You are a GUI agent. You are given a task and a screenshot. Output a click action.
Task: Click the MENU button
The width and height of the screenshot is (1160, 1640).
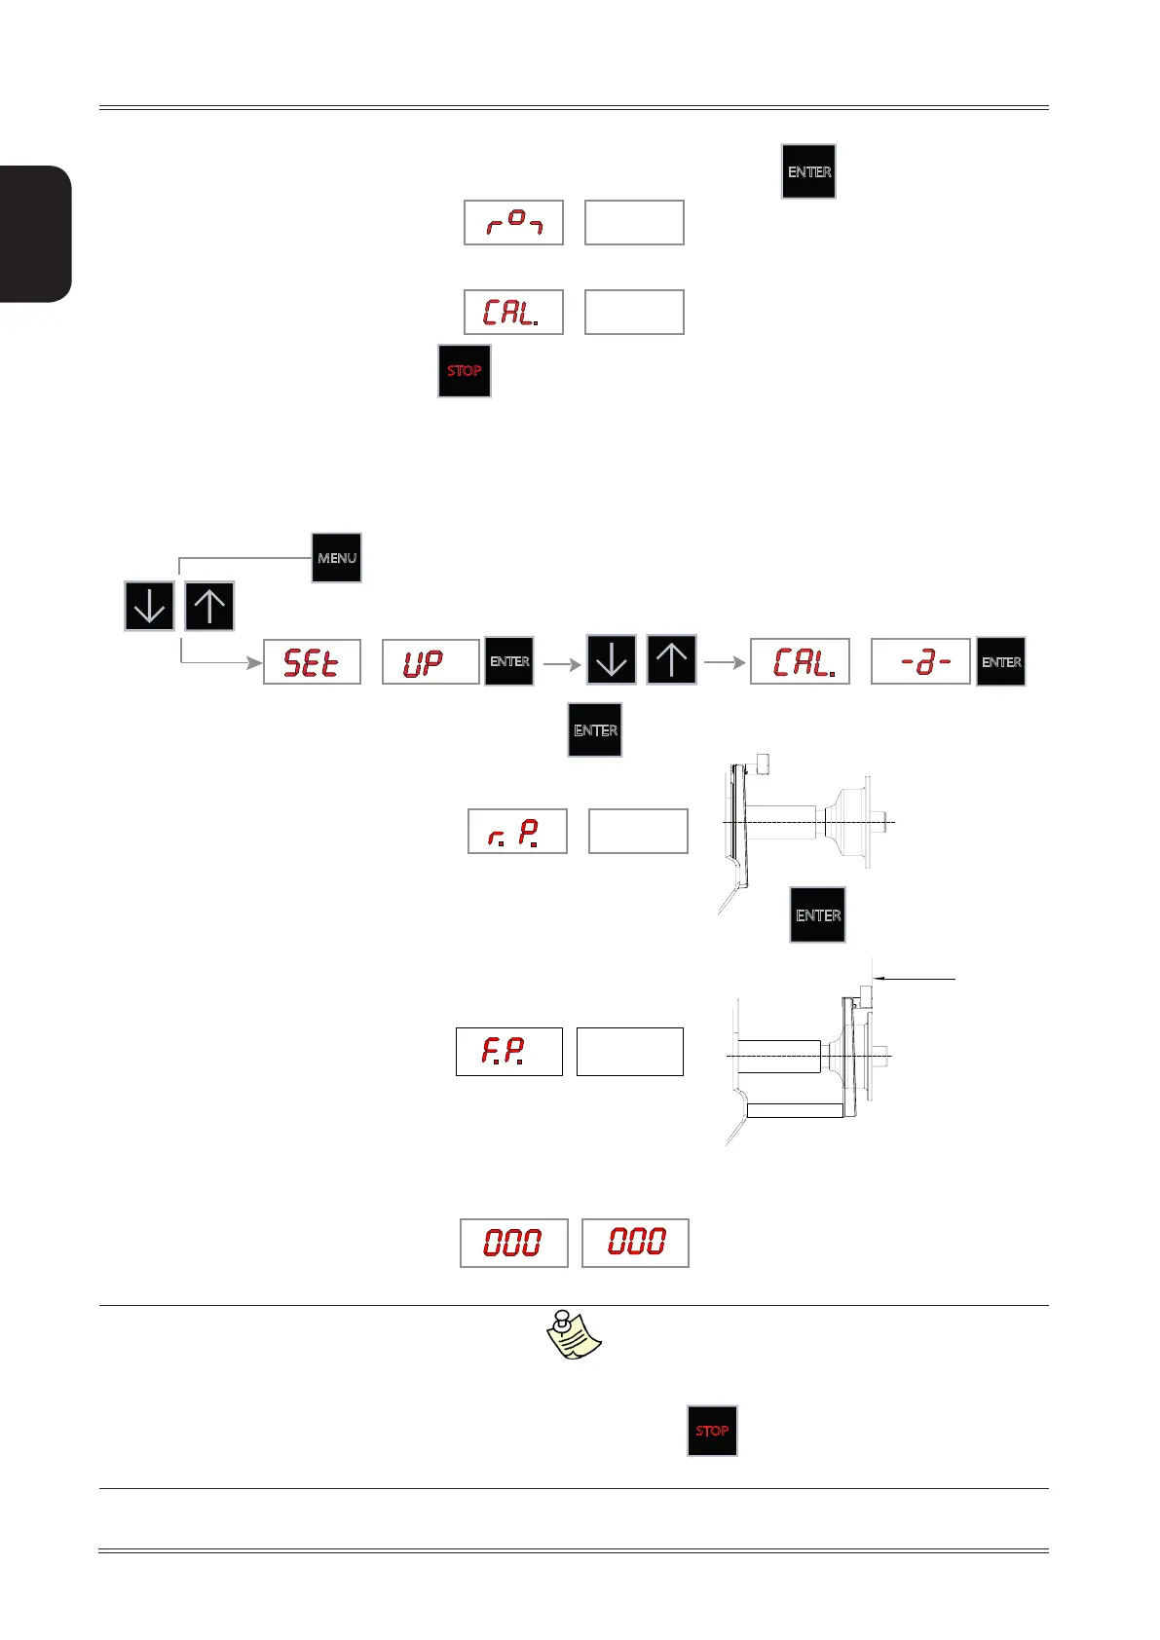click(336, 558)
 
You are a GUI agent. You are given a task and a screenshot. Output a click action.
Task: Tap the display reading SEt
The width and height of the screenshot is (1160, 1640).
click(312, 662)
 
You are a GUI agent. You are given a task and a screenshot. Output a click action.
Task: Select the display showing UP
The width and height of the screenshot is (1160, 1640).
click(430, 662)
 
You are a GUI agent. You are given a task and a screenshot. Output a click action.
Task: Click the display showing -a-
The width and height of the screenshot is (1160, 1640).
click(919, 662)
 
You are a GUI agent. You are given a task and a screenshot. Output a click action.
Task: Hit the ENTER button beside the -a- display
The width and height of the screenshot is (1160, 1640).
click(1001, 662)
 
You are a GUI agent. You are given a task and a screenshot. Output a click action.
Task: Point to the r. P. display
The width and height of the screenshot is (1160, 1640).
click(517, 832)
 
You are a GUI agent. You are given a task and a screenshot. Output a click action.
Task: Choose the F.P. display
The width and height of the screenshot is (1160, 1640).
click(508, 1052)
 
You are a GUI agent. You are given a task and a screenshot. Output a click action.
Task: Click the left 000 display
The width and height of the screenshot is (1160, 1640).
click(513, 1243)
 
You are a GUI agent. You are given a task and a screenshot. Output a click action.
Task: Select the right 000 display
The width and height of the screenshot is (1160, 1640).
click(635, 1243)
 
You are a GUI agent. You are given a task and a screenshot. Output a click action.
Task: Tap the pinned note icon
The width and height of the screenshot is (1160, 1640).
click(574, 1335)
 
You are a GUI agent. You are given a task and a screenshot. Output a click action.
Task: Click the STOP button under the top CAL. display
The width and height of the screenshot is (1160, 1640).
click(465, 371)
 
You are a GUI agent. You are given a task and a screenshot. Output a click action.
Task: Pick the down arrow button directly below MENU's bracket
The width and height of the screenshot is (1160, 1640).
click(149, 606)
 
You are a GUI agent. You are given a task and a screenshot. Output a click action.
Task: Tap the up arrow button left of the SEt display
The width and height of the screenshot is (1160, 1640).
click(209, 606)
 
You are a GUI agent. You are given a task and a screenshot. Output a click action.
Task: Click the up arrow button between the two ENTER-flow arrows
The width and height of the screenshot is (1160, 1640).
click(671, 660)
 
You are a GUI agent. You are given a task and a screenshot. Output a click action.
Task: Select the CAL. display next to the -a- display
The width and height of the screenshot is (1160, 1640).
click(800, 662)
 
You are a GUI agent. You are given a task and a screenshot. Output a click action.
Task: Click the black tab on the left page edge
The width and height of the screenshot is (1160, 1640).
click(36, 234)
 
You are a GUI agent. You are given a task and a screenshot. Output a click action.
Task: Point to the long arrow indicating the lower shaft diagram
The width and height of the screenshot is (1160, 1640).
click(916, 977)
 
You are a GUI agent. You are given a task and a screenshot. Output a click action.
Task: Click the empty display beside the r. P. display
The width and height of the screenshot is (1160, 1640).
click(638, 832)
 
